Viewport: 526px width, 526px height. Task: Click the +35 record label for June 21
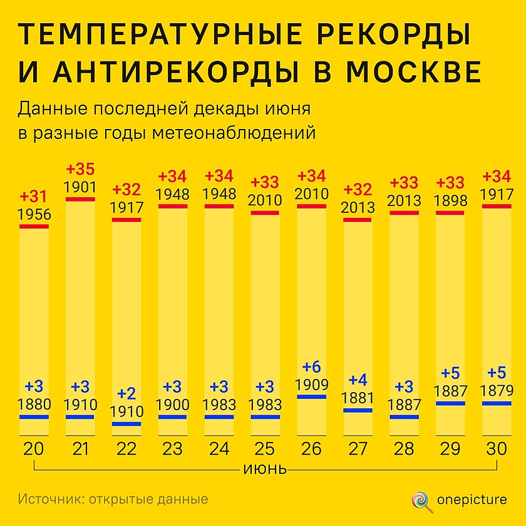80,170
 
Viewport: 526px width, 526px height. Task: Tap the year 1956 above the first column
34,215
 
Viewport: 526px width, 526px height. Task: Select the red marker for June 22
126,220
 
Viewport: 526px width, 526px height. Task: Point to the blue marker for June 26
311,396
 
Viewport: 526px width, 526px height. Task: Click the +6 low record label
311,366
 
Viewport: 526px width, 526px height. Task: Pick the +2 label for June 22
126,394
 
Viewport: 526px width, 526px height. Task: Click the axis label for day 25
265,449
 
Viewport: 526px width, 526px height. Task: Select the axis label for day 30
496,449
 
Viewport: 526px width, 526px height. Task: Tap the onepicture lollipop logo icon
420,500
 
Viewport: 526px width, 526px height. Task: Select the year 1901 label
80,187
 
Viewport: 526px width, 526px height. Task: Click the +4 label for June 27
358,379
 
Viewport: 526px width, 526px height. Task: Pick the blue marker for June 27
358,410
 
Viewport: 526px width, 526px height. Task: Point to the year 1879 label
497,391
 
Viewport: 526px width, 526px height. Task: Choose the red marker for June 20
34,226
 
